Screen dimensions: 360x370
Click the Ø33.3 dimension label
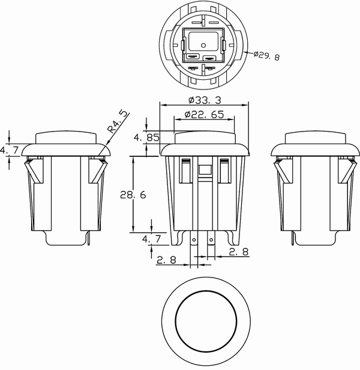point(205,100)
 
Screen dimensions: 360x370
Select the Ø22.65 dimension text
point(204,115)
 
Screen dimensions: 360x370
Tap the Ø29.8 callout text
point(266,56)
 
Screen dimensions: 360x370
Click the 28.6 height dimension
point(133,195)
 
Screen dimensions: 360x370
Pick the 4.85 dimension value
point(146,138)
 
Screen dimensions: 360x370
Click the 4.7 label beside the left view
point(9,150)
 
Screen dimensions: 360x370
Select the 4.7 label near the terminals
point(151,239)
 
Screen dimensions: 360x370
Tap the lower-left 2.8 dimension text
point(166,260)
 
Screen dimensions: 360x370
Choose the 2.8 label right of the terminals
point(239,252)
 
